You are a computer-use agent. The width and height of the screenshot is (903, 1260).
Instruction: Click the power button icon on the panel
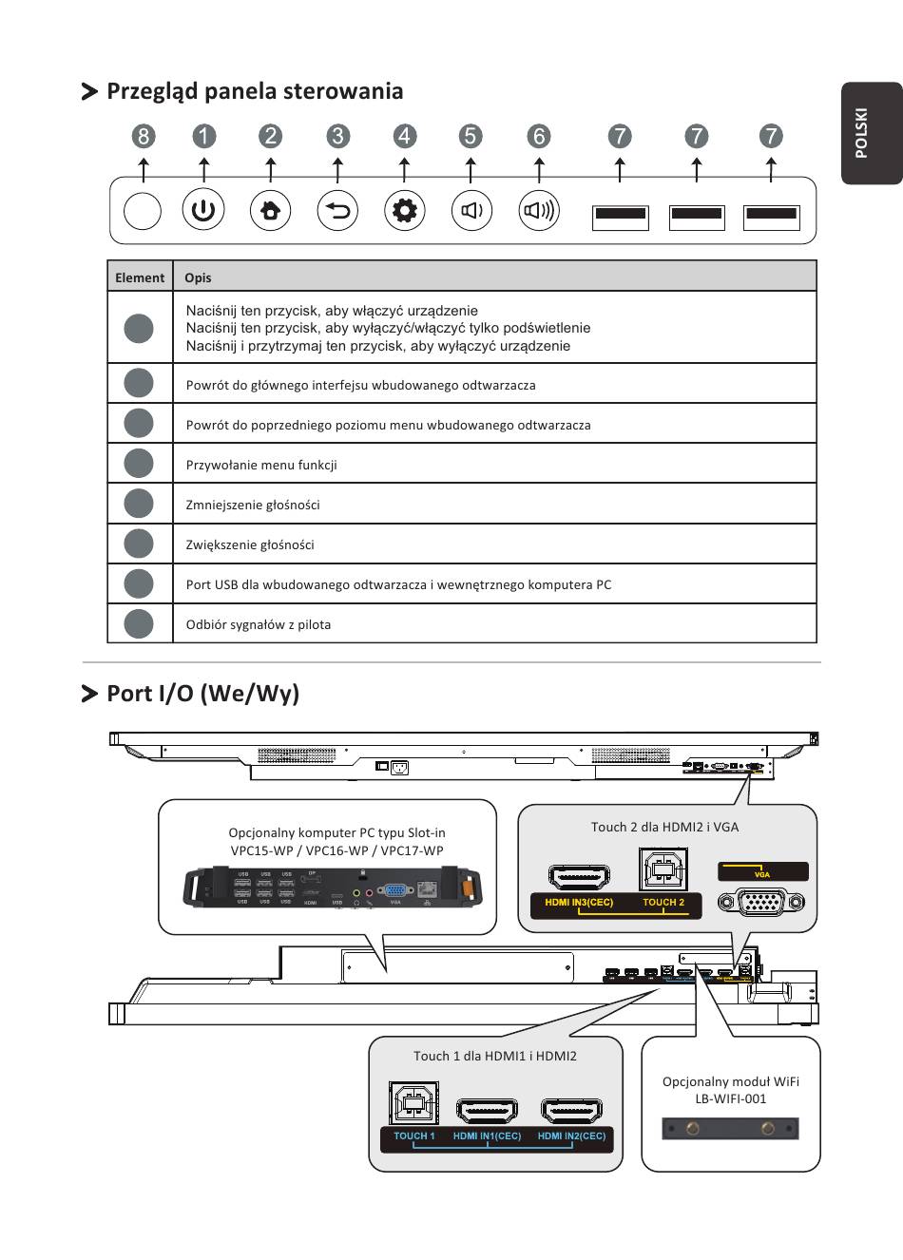203,210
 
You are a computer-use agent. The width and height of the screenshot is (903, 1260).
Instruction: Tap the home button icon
271,210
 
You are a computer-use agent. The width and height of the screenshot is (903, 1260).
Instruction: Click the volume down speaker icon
471,210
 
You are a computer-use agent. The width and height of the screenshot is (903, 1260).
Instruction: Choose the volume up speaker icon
539,210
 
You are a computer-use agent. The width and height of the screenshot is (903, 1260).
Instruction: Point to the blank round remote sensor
143,210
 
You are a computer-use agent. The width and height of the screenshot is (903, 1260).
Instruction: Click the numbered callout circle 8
144,136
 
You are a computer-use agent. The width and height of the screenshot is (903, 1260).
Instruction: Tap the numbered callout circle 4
405,136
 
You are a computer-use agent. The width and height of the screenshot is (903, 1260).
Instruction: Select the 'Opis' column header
198,277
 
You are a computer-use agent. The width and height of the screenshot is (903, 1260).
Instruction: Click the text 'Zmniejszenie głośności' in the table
253,505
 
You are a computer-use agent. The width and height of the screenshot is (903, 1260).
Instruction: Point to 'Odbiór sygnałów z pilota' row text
259,624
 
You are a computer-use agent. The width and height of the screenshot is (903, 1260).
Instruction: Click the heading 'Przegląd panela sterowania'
255,91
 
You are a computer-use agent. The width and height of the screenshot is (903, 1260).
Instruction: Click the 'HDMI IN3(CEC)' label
579,903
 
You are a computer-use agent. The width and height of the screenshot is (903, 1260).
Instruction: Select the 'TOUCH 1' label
414,1136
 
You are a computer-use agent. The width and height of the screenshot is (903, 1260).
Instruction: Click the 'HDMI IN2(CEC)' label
571,1136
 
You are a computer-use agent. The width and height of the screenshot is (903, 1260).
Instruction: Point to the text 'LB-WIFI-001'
730,1098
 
